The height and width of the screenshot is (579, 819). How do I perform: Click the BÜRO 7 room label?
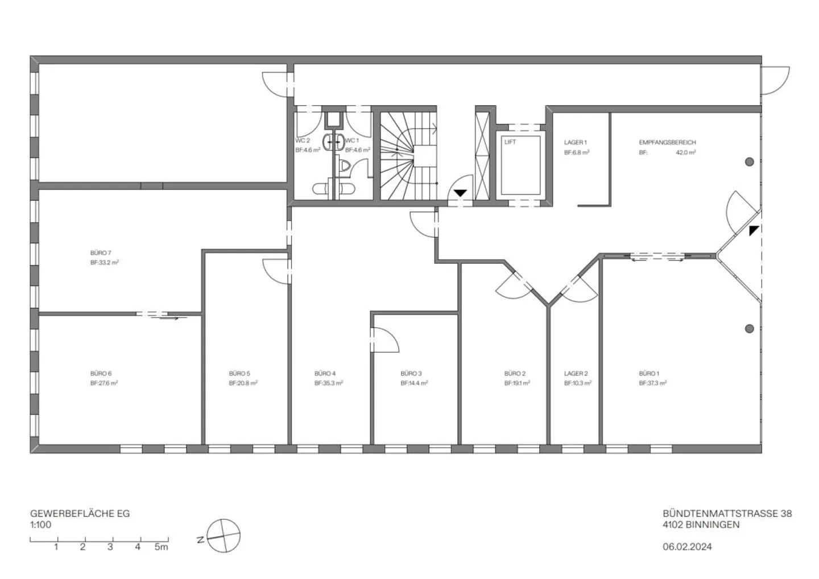coord(101,253)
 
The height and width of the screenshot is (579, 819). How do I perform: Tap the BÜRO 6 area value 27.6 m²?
coord(104,383)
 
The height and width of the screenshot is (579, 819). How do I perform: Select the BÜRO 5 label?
coord(239,374)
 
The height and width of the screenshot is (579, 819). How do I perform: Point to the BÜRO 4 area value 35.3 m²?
coord(328,383)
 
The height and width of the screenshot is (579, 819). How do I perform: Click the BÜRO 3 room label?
coord(411,374)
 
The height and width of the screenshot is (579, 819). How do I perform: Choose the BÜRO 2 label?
coord(515,374)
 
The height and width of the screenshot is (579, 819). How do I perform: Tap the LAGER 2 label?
coord(576,374)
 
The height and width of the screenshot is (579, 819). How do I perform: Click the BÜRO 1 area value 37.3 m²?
coord(653,383)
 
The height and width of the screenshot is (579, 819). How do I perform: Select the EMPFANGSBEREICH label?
coord(667,143)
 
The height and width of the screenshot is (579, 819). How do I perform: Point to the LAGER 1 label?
coord(575,143)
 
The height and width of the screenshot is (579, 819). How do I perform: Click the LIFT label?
coord(510,142)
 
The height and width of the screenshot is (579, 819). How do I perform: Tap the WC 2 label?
coord(303,140)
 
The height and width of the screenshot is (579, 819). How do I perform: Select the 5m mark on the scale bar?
coord(162,547)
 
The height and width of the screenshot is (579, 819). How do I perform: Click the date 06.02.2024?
coord(687,547)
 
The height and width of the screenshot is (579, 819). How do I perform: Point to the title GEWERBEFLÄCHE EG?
coord(80,514)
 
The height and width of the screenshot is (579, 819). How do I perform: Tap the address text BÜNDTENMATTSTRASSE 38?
coord(727,514)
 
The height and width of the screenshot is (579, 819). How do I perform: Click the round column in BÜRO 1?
coord(750,329)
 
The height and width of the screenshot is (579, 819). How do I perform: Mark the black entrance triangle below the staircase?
coord(460,193)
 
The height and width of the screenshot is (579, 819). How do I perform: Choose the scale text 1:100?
coord(40,524)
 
